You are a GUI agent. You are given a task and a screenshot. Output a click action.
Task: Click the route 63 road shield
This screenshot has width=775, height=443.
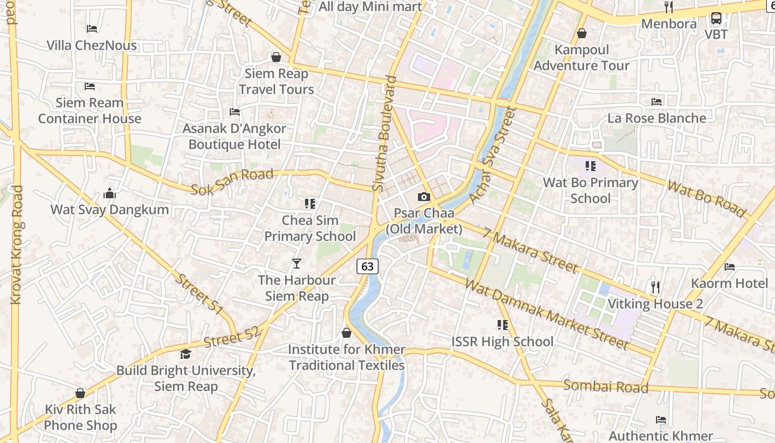[368, 266]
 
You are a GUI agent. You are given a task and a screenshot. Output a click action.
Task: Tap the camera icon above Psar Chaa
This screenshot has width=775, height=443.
[424, 197]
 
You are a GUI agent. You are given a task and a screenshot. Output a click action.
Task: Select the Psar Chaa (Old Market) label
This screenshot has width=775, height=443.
[424, 221]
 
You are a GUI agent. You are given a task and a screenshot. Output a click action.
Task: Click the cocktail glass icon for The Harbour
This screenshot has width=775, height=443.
[297, 264]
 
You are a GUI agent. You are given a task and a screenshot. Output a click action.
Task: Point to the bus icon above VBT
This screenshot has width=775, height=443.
[716, 18]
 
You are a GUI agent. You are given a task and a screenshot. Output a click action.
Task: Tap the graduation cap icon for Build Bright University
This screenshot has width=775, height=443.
[185, 354]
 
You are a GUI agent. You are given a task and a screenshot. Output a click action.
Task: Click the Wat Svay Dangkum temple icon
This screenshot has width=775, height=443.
[110, 193]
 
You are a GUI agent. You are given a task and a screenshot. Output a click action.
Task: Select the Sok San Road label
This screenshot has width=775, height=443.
[232, 182]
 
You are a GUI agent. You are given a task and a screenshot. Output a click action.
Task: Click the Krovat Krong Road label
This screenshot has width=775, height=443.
[17, 245]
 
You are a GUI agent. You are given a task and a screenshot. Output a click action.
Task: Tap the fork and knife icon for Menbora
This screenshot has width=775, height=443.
[669, 7]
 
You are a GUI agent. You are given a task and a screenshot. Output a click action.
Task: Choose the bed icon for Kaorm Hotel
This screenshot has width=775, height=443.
[730, 267]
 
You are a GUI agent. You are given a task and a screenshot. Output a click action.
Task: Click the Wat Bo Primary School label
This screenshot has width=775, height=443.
[591, 190]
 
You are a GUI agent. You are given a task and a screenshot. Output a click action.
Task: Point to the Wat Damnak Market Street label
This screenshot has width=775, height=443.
[547, 315]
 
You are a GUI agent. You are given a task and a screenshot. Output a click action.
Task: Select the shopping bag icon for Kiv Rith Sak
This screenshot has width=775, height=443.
[80, 393]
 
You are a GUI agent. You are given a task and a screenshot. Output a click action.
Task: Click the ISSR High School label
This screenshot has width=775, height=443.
[503, 342]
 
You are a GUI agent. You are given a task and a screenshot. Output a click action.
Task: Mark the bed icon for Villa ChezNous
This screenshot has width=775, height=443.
[92, 29]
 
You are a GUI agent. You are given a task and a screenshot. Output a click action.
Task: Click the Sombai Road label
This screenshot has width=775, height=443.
[606, 386]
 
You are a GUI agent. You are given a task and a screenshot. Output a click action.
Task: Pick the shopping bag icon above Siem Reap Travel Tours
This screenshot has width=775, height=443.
[276, 57]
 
